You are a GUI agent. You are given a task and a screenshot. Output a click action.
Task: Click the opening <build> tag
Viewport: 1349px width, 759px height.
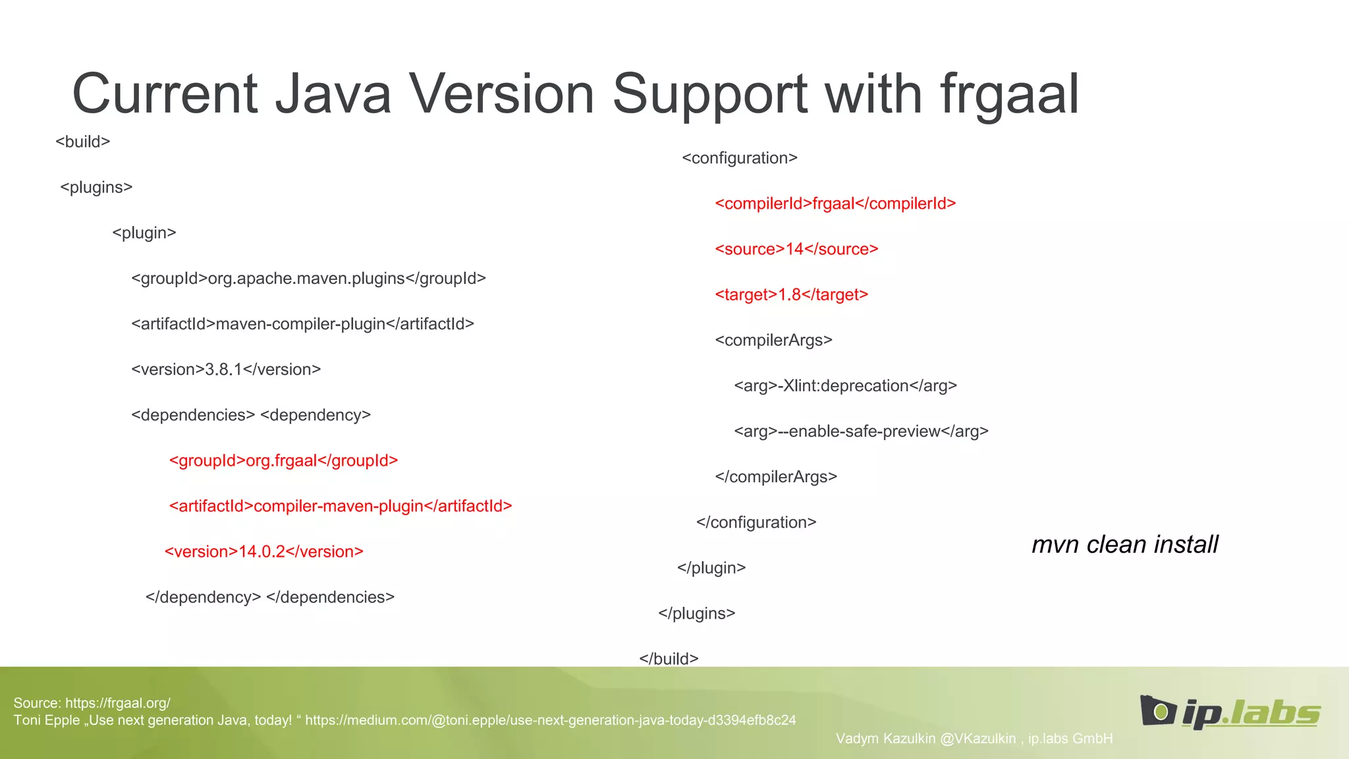point(83,142)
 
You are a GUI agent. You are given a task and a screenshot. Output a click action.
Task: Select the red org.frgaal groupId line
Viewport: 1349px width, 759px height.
point(283,461)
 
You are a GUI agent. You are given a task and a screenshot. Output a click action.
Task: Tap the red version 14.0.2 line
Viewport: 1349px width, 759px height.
point(263,551)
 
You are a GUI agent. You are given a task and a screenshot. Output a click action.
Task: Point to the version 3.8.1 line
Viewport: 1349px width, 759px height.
point(226,370)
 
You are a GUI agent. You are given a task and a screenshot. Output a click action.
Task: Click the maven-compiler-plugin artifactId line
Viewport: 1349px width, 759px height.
point(302,324)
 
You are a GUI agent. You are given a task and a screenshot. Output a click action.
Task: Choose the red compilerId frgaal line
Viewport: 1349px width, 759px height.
point(835,204)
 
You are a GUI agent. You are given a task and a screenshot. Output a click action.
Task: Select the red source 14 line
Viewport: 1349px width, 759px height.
point(796,249)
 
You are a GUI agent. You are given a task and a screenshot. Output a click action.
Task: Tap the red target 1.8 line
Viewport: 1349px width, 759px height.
point(791,295)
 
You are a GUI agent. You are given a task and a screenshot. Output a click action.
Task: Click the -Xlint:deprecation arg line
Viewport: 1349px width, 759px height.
point(845,385)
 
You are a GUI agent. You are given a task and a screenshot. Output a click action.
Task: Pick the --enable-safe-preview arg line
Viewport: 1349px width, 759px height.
point(861,432)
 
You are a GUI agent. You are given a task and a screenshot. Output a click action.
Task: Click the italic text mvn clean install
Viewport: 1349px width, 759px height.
point(1124,545)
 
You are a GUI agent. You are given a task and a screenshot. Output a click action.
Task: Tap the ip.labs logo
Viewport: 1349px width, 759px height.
point(1230,712)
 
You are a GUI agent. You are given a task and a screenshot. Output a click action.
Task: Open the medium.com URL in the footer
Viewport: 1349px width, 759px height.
point(550,720)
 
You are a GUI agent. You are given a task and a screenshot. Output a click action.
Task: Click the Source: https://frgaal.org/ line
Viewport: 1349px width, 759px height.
point(92,703)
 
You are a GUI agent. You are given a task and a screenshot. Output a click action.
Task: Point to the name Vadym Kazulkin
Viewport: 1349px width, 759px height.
point(885,739)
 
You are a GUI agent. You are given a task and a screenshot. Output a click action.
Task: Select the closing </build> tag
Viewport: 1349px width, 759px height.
point(669,659)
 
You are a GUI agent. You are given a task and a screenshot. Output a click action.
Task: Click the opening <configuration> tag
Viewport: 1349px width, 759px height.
point(740,158)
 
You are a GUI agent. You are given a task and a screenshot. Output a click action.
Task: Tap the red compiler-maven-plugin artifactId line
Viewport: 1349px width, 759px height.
point(341,506)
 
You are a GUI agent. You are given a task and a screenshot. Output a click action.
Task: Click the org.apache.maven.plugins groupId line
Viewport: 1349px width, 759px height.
point(308,279)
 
